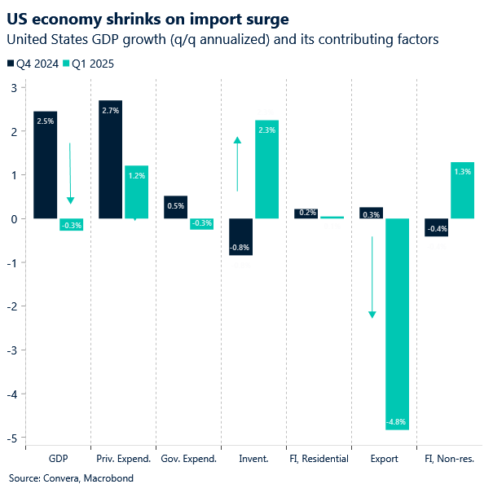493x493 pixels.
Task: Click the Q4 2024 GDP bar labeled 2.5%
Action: (x=45, y=165)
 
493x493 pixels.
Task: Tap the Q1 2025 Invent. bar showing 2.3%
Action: (x=266, y=169)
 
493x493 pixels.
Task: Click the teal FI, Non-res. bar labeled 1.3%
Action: (x=462, y=191)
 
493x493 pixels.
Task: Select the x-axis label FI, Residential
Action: (x=319, y=459)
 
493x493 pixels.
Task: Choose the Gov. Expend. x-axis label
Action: (x=188, y=459)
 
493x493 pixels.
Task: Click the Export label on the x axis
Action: (x=384, y=459)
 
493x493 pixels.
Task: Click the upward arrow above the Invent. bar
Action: (x=237, y=163)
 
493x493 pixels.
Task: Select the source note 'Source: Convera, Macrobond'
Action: (x=71, y=478)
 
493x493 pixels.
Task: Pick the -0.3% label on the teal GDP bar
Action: (x=71, y=225)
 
